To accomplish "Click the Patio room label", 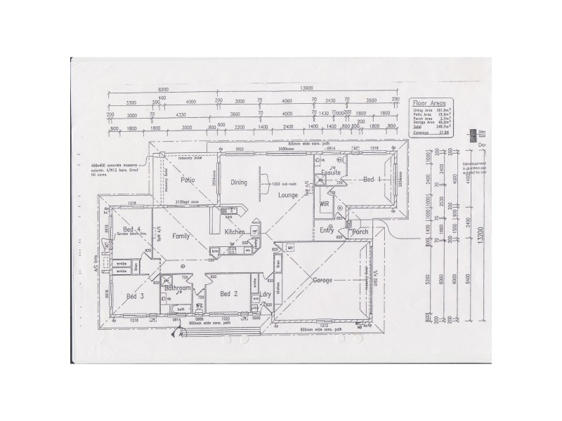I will [x=187, y=180].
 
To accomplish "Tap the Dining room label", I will [x=239, y=182].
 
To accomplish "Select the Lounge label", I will [x=288, y=194].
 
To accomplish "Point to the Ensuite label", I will [x=331, y=172].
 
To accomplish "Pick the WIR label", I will [x=325, y=203].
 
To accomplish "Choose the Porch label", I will [x=360, y=232].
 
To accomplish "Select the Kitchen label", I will [x=234, y=232].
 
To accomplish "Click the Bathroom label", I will [x=178, y=288].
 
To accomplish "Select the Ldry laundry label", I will [x=266, y=294].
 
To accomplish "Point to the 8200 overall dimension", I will [x=164, y=89].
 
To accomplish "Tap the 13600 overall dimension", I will [x=306, y=89].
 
